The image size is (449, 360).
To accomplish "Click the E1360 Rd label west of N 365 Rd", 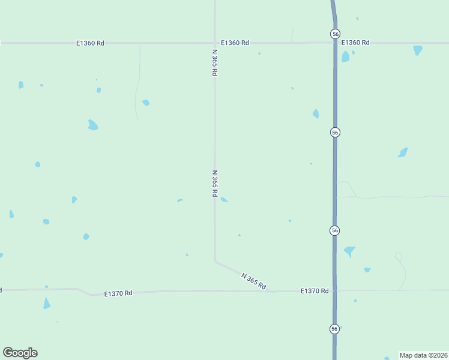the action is tap(91, 43).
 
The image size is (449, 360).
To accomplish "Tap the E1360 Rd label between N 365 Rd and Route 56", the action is tap(235, 43).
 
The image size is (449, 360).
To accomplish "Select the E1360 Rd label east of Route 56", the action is tap(355, 43).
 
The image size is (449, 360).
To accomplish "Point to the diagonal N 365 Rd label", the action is tap(253, 281).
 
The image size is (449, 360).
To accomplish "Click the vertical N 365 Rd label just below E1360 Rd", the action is tap(214, 62).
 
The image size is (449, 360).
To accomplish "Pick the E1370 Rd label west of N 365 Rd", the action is tap(118, 293).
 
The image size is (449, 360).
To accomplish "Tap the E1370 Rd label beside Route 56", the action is tap(315, 291).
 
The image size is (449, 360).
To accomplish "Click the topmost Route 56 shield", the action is tap(335, 34).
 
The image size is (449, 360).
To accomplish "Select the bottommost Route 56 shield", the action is tap(334, 329).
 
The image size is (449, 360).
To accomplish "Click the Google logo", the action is tap(20, 353).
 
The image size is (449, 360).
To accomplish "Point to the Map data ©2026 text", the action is tap(424, 355).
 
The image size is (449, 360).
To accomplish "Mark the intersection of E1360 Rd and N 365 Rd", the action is tap(215, 43).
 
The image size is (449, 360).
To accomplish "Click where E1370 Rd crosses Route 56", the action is tap(335, 290).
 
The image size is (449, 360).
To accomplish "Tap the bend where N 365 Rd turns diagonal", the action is tap(215, 261).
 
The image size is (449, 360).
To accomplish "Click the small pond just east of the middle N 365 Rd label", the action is tap(224, 200).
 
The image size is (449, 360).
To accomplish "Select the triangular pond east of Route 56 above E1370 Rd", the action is tap(349, 251).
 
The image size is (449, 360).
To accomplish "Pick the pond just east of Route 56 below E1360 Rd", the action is tap(345, 57).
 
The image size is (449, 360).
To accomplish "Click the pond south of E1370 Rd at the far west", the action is tap(47, 304).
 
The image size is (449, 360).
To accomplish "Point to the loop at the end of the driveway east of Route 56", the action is tap(398, 256).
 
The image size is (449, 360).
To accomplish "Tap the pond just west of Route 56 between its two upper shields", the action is tap(316, 113).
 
